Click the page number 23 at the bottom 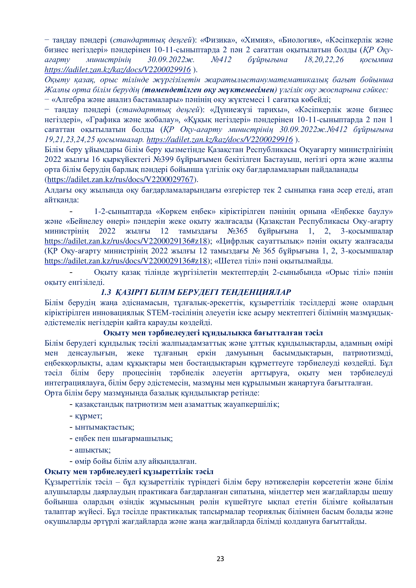(x=220, y=559)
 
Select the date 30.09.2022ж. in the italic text (x=171, y=60)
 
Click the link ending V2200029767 (x=120, y=179)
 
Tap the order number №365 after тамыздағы (x=237, y=231)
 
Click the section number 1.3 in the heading (x=106, y=292)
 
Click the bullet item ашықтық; (x=93, y=450)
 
